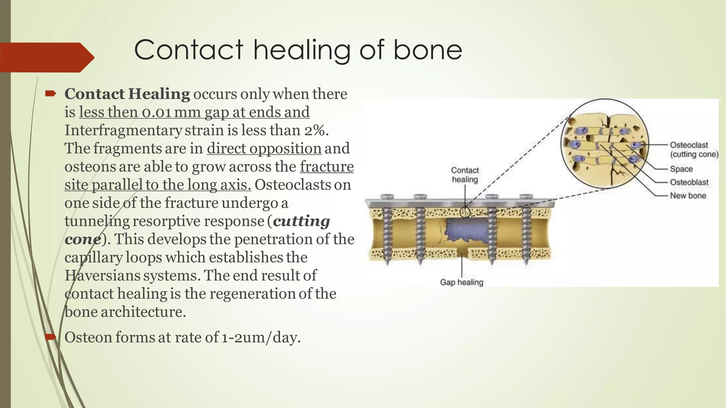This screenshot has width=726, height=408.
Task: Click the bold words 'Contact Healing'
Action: tap(127, 94)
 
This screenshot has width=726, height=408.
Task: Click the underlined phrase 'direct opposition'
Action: tap(264, 148)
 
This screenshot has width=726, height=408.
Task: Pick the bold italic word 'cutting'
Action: tap(301, 221)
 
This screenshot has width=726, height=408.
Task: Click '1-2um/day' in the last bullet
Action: tap(260, 337)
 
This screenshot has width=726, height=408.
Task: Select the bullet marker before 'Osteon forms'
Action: tap(51, 336)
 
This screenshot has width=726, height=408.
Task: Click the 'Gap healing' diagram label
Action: tap(462, 282)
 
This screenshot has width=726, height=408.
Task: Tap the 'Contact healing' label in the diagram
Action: tap(465, 175)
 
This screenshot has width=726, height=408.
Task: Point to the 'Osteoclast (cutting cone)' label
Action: tap(693, 149)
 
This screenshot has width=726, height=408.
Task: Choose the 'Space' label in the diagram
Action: tap(681, 169)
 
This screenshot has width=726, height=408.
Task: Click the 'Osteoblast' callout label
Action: tap(689, 182)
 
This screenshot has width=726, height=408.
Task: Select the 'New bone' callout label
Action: tap(688, 195)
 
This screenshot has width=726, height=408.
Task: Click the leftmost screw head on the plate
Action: tap(387, 197)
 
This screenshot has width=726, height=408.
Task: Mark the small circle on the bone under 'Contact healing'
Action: tap(465, 212)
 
